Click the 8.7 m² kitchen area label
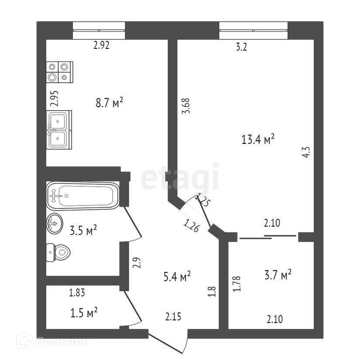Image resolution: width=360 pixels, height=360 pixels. pos(109,103)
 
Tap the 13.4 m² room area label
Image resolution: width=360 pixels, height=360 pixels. pos(258,139)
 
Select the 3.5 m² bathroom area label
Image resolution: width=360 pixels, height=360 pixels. pos(83,230)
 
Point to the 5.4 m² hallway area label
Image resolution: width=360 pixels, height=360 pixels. pos(177,276)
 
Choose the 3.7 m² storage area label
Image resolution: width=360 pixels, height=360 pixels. pos(278,275)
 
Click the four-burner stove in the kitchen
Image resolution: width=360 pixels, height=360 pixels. pos(59,72)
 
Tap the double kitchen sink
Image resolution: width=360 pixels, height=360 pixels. pos(58,129)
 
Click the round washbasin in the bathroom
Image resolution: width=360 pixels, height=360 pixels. pos(54,224)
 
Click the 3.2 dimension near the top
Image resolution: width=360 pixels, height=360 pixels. pos(241,48)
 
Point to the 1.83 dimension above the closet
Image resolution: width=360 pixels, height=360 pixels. pos(77,293)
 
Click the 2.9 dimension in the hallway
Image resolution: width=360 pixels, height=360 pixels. pos(136,263)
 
